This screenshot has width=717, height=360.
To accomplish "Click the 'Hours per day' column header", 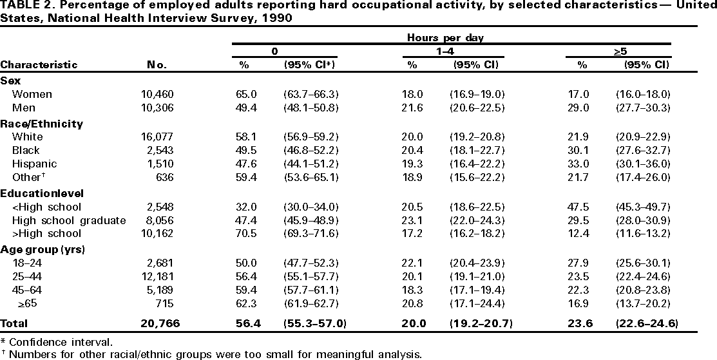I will point(454,38).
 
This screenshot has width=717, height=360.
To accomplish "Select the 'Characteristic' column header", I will point(39,64).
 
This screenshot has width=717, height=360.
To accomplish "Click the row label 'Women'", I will point(37,94).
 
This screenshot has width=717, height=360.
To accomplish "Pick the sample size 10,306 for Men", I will point(157,108).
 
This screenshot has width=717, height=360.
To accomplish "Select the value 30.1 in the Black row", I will point(583,150).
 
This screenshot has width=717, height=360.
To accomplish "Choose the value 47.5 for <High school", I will point(583,207).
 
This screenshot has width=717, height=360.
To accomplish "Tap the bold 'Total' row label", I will point(15,323).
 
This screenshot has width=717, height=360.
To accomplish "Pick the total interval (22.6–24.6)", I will point(645,323).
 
